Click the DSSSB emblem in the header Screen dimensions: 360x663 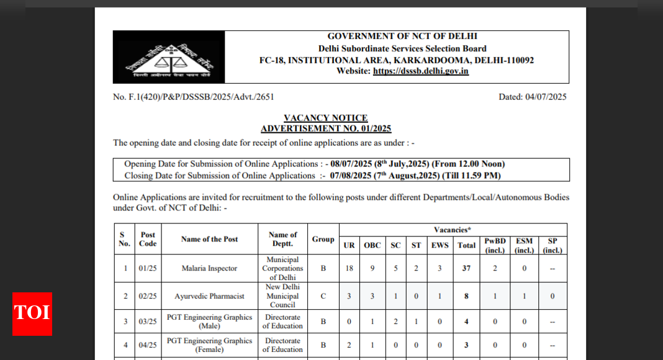pos(168,57)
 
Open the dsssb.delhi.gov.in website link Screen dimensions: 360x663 pos(420,71)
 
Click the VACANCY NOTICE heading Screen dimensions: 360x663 pos(325,118)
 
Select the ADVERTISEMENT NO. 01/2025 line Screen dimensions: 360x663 pos(325,128)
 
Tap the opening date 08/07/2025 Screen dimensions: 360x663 pos(352,164)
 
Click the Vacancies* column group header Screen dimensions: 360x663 pos(452,230)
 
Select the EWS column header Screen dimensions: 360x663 pos(440,245)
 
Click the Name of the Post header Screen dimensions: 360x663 pos(209,239)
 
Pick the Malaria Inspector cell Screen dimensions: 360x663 pos(209,268)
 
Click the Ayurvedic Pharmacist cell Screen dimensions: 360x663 pos(209,296)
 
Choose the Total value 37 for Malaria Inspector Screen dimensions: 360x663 pos(466,268)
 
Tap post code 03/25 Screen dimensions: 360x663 pos(148,322)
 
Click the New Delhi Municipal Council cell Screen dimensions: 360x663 pos(282,296)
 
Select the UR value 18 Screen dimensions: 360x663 pos(350,268)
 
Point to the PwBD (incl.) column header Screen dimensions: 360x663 pos(495,245)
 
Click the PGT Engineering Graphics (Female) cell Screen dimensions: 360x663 pos(209,345)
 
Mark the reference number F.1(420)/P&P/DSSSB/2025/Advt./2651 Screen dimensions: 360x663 pos(193,97)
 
